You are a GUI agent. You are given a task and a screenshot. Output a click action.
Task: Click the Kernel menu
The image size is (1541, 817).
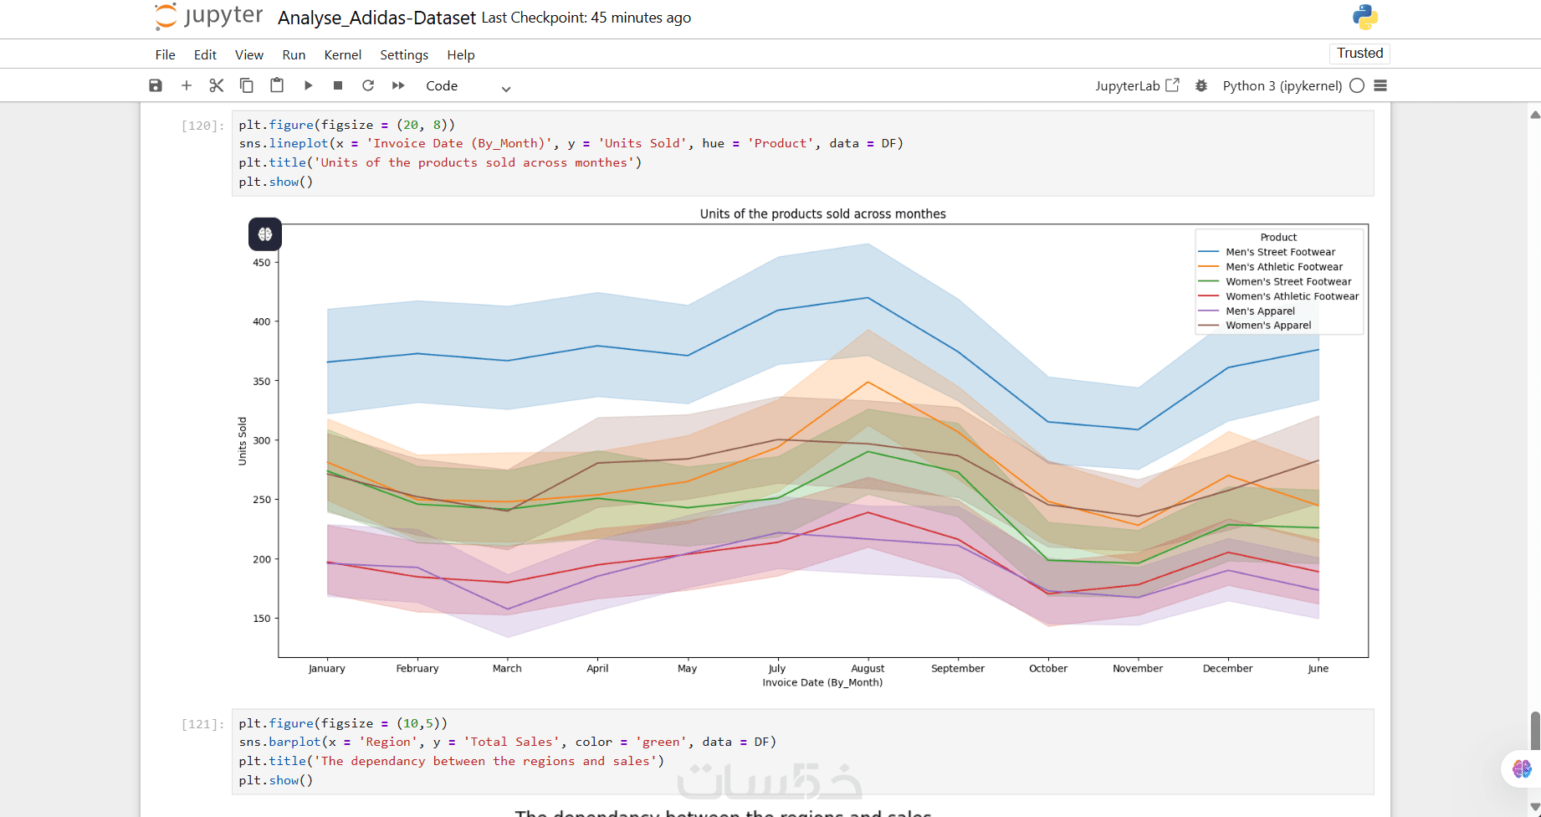pos(342,55)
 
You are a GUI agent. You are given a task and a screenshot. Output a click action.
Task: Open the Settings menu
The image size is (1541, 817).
pos(404,55)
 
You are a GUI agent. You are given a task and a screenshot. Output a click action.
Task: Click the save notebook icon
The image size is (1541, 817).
pos(156,85)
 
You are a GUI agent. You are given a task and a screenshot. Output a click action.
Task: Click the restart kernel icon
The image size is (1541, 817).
pos(368,85)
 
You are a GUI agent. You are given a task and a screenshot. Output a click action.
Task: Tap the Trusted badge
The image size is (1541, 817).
pos(1359,54)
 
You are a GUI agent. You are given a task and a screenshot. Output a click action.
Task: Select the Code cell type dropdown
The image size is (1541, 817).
pos(467,86)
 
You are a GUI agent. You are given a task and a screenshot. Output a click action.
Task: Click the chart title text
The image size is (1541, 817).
pos(822,214)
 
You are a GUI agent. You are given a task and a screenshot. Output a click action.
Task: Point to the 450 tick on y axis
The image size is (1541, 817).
pos(262,263)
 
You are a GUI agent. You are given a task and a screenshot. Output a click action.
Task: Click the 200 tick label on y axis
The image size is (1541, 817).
pos(262,559)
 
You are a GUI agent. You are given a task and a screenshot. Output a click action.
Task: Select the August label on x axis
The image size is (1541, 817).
pos(868,669)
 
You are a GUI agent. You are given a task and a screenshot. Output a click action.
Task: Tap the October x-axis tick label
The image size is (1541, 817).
pos(1048,669)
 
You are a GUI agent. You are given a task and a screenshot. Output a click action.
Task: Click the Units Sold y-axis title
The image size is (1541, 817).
pos(243,441)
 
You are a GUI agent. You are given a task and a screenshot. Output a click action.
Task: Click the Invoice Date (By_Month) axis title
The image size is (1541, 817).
pos(822,683)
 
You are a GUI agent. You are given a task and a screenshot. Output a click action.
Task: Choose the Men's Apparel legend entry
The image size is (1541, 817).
pos(1260,311)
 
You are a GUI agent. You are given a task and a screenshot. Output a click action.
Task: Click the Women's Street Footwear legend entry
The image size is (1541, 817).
pos(1288,282)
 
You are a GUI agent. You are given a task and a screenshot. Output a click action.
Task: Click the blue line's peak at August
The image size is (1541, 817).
pos(868,298)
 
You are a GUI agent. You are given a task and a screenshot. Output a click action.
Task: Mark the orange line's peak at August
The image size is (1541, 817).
pos(868,383)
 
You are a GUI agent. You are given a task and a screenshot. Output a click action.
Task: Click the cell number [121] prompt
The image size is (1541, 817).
pos(202,724)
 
